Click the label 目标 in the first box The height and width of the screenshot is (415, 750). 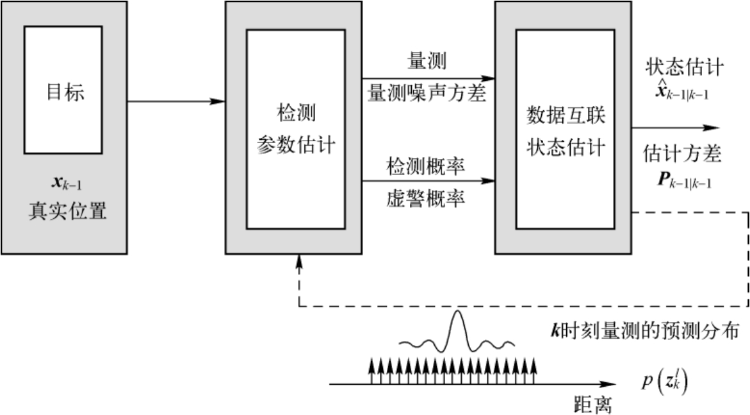(65, 92)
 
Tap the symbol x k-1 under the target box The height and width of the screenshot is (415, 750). (65, 184)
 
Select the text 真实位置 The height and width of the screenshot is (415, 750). (67, 210)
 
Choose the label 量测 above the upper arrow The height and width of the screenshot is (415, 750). (427, 61)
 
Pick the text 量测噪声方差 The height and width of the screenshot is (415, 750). (427, 94)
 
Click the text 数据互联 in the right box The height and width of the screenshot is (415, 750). (566, 116)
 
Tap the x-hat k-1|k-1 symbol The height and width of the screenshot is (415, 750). (683, 94)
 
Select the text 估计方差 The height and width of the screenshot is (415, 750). (683, 154)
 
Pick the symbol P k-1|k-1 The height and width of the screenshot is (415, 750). (683, 182)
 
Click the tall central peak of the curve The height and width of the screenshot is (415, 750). (457, 298)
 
